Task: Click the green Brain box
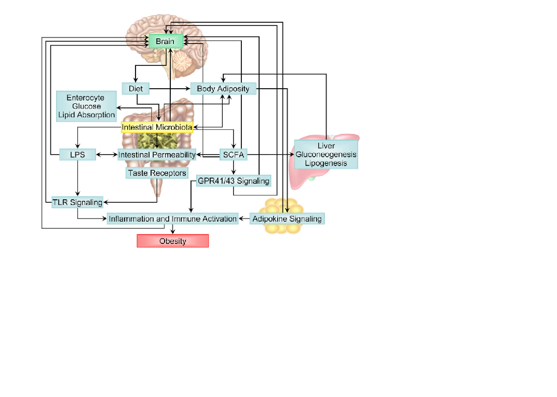[166, 41]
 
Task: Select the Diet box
[135, 89]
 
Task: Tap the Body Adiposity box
[223, 89]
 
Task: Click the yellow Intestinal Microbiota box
[157, 127]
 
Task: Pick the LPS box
[77, 155]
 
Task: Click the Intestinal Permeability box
[157, 155]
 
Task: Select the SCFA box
[234, 155]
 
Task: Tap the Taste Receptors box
[157, 173]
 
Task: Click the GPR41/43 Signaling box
[234, 181]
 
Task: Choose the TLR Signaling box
[77, 202]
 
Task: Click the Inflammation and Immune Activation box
[172, 218]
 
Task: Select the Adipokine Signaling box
[287, 218]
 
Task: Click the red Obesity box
[172, 241]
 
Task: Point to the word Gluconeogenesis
[326, 155]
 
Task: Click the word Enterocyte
[86, 98]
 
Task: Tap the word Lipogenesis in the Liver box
[326, 163]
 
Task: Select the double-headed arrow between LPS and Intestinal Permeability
[106, 155]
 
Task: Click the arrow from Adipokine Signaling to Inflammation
[244, 218]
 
